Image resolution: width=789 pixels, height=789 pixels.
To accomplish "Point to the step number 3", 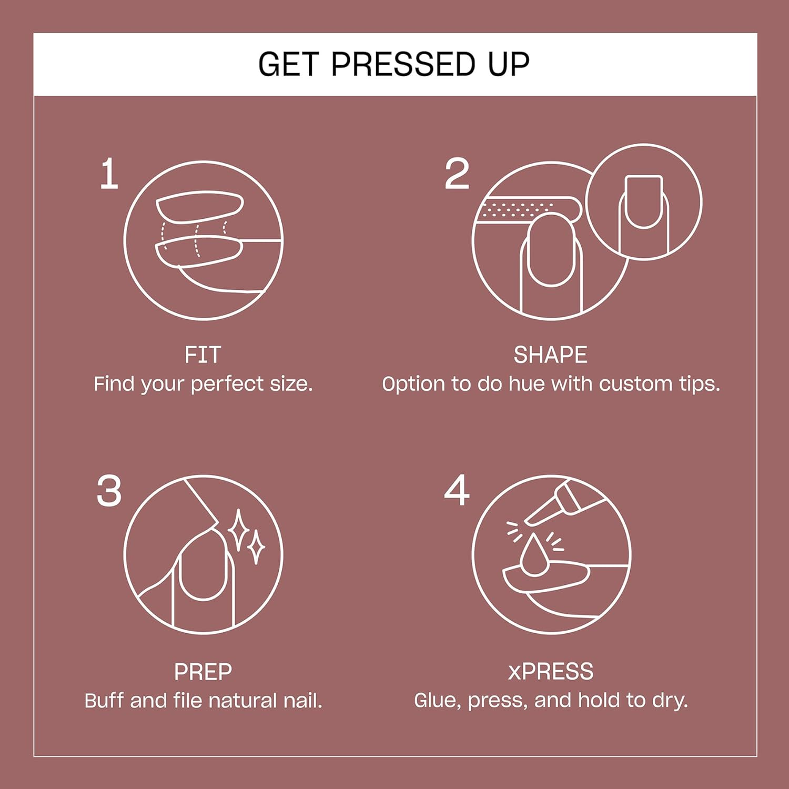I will coord(109,491).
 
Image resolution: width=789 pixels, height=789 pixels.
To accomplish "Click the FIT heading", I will coord(203,355).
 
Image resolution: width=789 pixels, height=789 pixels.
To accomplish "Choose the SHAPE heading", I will coord(550,355).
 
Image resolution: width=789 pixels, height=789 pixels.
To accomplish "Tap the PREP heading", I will coord(203,672).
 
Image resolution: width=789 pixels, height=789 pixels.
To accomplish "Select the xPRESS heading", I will coord(550,672).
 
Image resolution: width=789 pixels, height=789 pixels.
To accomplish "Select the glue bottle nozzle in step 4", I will coord(542,510).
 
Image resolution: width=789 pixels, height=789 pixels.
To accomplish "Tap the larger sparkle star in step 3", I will coord(239,530).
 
